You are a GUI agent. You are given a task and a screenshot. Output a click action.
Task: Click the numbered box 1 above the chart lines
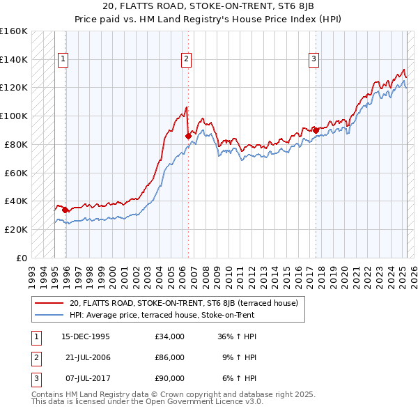coord(63,59)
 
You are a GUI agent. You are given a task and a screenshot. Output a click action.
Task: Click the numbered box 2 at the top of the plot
coord(187,59)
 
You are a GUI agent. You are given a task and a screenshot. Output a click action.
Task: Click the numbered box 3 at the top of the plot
coord(314,59)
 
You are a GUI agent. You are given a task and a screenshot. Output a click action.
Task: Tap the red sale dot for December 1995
coord(65,209)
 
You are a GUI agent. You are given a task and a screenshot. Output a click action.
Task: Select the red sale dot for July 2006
coord(188,136)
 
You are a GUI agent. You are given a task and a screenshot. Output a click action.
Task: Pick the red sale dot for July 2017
coord(316,130)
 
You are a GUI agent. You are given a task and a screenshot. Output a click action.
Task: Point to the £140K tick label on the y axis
coord(13,59)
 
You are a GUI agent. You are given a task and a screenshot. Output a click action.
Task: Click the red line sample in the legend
coord(49,303)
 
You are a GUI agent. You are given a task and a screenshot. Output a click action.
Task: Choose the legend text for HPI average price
coord(162,315)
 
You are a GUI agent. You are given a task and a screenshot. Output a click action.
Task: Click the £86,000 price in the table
coord(170,357)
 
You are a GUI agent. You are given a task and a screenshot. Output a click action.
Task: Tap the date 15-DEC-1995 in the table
coord(86,336)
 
